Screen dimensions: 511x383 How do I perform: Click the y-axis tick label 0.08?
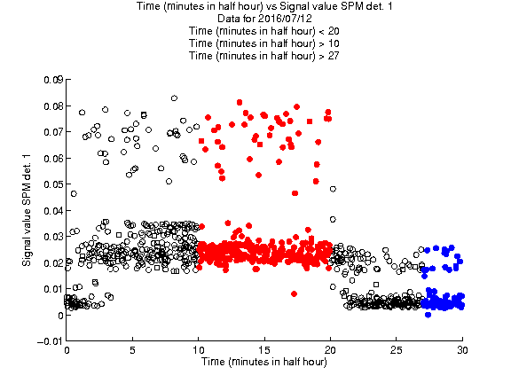(53, 106)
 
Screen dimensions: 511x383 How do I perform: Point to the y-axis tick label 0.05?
(53, 184)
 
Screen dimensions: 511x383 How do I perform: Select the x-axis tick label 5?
(132, 350)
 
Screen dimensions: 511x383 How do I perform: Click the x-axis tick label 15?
(264, 350)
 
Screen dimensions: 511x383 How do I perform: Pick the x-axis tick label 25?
(396, 350)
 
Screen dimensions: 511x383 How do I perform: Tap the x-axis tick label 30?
(462, 350)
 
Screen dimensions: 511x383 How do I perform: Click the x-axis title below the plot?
(264, 362)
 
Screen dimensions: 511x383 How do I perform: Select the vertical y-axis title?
(27, 210)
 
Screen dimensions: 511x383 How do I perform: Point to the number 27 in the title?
(334, 56)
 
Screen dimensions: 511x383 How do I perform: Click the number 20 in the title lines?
(334, 31)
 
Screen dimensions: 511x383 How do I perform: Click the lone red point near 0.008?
(295, 294)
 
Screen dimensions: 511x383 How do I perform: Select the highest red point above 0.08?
(240, 103)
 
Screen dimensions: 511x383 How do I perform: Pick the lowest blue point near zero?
(428, 315)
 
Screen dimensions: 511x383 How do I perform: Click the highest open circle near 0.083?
(175, 98)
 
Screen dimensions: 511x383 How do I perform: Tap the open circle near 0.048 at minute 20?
(333, 189)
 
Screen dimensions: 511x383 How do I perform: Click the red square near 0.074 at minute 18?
(310, 121)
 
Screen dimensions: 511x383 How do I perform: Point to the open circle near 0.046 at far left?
(74, 194)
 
